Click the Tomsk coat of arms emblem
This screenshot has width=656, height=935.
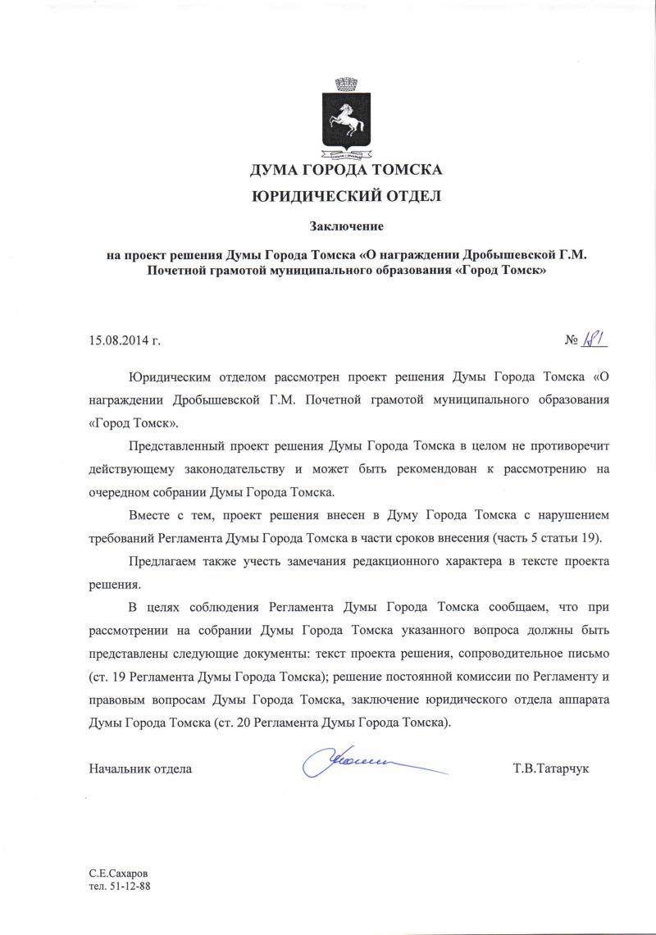(x=347, y=118)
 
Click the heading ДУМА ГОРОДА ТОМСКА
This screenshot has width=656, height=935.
(x=346, y=171)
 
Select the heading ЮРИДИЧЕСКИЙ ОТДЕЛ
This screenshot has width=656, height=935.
(x=346, y=196)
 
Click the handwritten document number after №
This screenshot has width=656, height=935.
(x=597, y=339)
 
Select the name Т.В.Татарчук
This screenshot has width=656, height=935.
(x=551, y=769)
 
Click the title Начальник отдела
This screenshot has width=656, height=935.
(x=140, y=769)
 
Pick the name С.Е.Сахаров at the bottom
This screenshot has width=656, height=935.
(x=119, y=873)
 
